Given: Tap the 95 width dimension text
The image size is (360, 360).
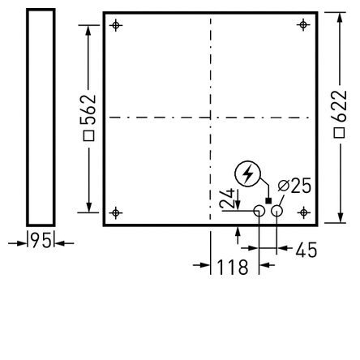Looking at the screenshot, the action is pos(41,241).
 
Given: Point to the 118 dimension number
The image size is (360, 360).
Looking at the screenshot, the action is pos(233,267).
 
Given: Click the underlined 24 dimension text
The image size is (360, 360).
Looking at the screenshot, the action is pos(229,199).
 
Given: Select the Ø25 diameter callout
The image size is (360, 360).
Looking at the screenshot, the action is pos(294,186).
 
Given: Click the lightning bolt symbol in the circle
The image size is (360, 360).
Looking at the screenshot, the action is pos(246,174).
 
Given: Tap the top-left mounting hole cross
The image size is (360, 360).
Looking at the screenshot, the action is pos(115,24).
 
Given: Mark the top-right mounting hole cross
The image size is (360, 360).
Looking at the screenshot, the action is pos(303,24).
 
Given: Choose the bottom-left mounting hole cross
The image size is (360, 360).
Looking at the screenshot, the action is pos(115,213).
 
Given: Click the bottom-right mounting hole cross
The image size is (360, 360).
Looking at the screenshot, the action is pos(303,212).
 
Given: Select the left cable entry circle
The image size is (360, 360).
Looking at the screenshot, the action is pos(259,212).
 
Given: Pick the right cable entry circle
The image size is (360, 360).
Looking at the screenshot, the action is pos(277,212).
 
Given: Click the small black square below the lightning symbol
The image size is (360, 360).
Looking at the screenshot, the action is pos(268,199).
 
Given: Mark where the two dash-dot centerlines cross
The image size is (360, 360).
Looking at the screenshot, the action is pos(210,118).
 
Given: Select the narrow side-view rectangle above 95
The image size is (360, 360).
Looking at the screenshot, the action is pos(41,117).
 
